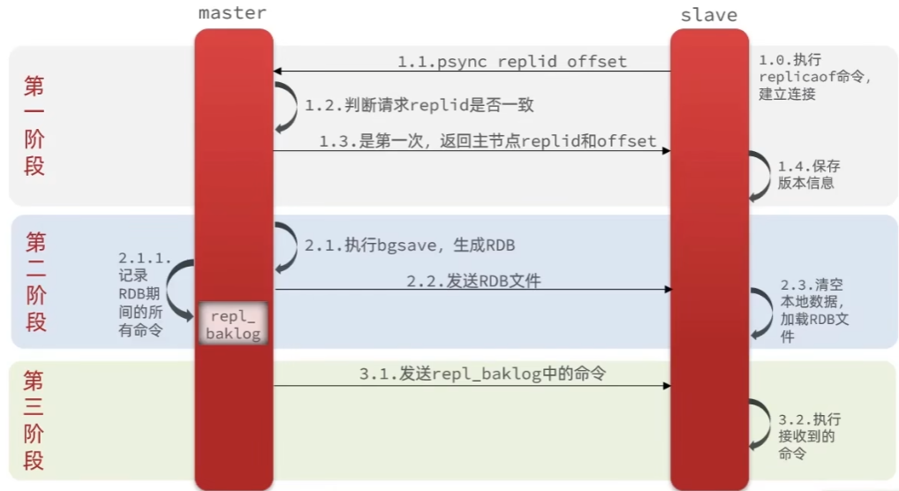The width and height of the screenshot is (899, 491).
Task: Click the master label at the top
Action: (232, 12)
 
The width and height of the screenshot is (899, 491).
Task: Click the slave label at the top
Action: (708, 15)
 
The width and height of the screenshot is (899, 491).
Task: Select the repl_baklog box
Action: (233, 324)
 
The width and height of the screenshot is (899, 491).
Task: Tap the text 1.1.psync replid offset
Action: (511, 62)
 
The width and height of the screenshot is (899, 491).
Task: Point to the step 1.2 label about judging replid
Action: (419, 105)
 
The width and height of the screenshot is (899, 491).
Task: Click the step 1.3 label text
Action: (488, 141)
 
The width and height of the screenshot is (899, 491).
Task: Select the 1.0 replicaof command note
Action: (814, 76)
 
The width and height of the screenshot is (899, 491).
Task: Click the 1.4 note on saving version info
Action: (808, 174)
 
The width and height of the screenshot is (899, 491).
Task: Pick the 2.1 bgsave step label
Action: (410, 245)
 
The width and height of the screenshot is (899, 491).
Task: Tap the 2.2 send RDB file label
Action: (473, 281)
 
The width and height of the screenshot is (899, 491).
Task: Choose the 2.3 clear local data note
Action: (814, 310)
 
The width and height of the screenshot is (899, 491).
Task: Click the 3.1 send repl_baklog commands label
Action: (482, 374)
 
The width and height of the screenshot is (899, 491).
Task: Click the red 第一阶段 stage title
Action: (34, 126)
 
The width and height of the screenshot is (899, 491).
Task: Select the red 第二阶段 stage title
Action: (35, 282)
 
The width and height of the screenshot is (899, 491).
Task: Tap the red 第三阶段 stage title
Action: (34, 420)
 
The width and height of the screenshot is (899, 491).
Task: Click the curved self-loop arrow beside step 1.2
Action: (286, 107)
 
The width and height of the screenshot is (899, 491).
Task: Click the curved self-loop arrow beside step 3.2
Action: (758, 424)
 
